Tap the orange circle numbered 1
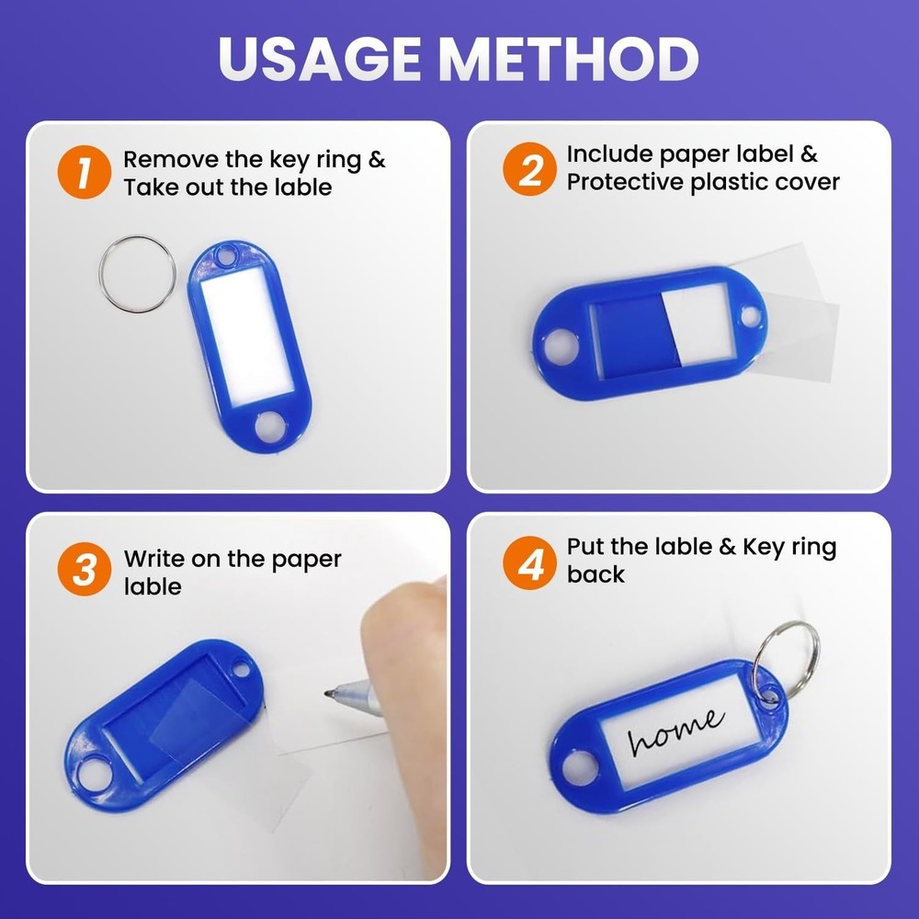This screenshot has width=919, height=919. click(85, 173)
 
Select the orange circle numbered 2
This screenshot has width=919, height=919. click(529, 169)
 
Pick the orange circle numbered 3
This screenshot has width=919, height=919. click(85, 569)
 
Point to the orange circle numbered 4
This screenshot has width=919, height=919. click(529, 562)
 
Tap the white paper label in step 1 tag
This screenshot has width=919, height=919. click(246, 335)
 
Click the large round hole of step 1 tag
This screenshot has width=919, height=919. click(271, 426)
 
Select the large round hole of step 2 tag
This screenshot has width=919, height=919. click(561, 346)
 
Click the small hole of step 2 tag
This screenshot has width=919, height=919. click(750, 316)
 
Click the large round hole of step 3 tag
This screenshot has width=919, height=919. click(95, 774)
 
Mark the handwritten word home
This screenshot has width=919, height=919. click(675, 731)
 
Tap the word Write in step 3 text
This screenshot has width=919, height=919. click(153, 559)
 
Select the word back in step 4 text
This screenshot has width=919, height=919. click(596, 574)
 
